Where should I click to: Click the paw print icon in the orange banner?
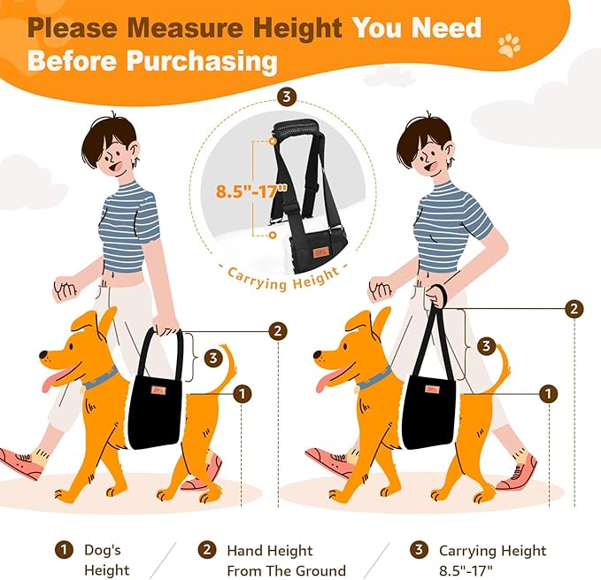point(509,45)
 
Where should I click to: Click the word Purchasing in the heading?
point(202,61)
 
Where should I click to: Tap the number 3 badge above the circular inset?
point(287,97)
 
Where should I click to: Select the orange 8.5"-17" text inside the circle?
point(251,190)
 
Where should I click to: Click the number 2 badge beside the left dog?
point(278,331)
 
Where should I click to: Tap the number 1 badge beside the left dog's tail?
point(242,394)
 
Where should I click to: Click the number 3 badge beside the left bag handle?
point(213,359)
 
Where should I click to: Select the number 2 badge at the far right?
point(574,308)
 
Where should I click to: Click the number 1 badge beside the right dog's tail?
point(549,394)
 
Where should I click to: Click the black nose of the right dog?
point(318,354)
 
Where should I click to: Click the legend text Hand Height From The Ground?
point(286,561)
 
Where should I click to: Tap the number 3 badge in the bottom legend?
point(419,550)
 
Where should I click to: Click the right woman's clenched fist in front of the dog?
point(380,289)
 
